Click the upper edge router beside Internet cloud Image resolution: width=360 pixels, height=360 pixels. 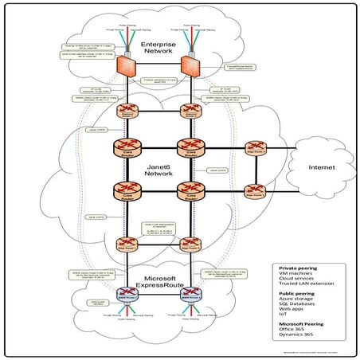tap(255, 149)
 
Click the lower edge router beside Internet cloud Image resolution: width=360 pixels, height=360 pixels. tap(255, 191)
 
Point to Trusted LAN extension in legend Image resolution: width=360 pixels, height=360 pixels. tap(301, 284)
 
